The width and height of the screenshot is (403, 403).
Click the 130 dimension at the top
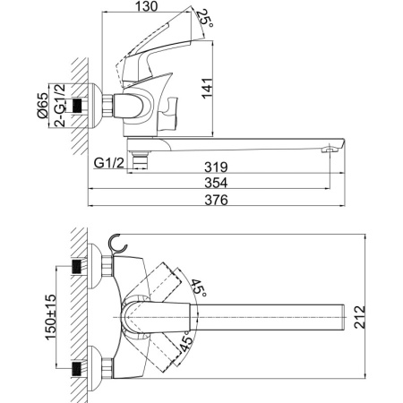click(146, 6)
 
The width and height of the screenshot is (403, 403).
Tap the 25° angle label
click(205, 19)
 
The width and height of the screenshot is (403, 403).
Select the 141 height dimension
click(207, 88)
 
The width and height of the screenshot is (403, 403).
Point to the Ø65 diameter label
click(42, 105)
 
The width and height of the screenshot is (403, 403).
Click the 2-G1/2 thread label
click(60, 105)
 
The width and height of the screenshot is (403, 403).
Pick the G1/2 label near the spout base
click(108, 163)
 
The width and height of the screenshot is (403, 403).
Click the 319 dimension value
click(216, 167)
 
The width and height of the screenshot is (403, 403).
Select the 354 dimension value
click(216, 183)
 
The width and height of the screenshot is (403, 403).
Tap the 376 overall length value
click(216, 200)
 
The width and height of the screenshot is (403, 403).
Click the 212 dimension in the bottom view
click(360, 317)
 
